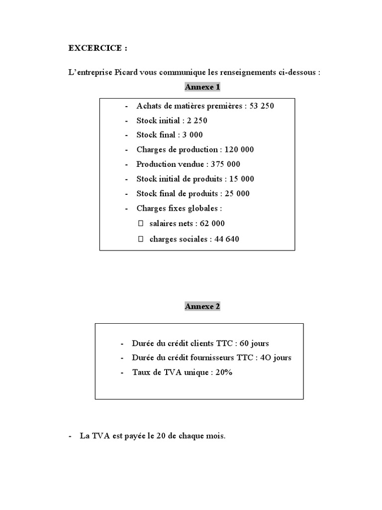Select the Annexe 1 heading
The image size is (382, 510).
coord(202,87)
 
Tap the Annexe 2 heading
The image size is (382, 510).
coord(202,306)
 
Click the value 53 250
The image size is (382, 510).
coord(261,106)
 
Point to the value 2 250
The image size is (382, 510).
coord(197,121)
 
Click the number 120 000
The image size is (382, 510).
coord(240,149)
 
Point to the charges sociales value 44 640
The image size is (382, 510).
coord(227,239)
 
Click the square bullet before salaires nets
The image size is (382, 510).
coord(140,224)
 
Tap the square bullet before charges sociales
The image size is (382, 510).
coord(140,239)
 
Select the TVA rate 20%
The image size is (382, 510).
coord(224,373)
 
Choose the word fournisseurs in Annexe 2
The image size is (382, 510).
coord(212,358)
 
